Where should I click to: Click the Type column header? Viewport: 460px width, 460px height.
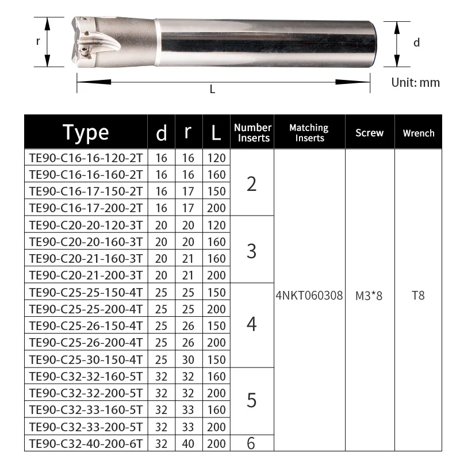pyautogui.click(x=86, y=133)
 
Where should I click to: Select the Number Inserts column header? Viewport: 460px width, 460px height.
pyautogui.click(x=252, y=133)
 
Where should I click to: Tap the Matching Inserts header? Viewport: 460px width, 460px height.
pyautogui.click(x=309, y=133)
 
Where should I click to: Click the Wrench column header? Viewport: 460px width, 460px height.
pyautogui.click(x=419, y=133)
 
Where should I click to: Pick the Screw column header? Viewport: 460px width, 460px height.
pyautogui.click(x=369, y=133)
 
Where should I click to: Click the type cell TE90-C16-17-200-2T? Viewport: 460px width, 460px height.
pyautogui.click(x=86, y=208)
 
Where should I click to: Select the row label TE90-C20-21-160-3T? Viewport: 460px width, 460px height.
pyautogui.click(x=86, y=259)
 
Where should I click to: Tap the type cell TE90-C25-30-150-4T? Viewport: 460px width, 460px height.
pyautogui.click(x=86, y=360)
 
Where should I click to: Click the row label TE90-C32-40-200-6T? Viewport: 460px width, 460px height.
pyautogui.click(x=86, y=443)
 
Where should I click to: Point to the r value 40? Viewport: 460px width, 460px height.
pyautogui.click(x=188, y=443)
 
